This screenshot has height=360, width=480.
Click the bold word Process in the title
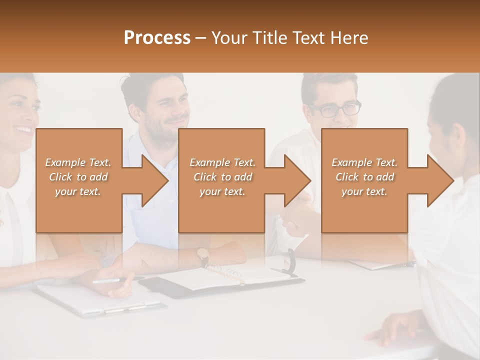coord(157,38)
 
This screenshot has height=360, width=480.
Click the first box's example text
coord(78,177)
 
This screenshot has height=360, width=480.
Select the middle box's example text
coord(222,177)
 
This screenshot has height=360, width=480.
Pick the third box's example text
coord(364,177)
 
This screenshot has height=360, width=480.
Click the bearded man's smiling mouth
coord(176,121)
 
